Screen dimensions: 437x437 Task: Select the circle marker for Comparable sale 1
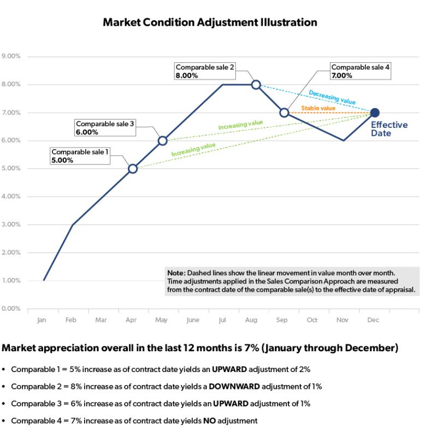(132, 168)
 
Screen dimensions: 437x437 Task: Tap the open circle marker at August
(256, 85)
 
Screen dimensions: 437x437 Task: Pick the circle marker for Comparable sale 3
(162, 140)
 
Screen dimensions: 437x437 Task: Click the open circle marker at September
(284, 113)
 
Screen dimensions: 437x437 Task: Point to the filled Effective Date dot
(375, 113)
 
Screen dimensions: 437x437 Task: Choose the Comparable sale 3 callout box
(105, 128)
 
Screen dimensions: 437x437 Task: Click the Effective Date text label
(389, 129)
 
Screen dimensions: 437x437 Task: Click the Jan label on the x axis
(42, 320)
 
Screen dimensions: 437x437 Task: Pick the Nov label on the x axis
(342, 320)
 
